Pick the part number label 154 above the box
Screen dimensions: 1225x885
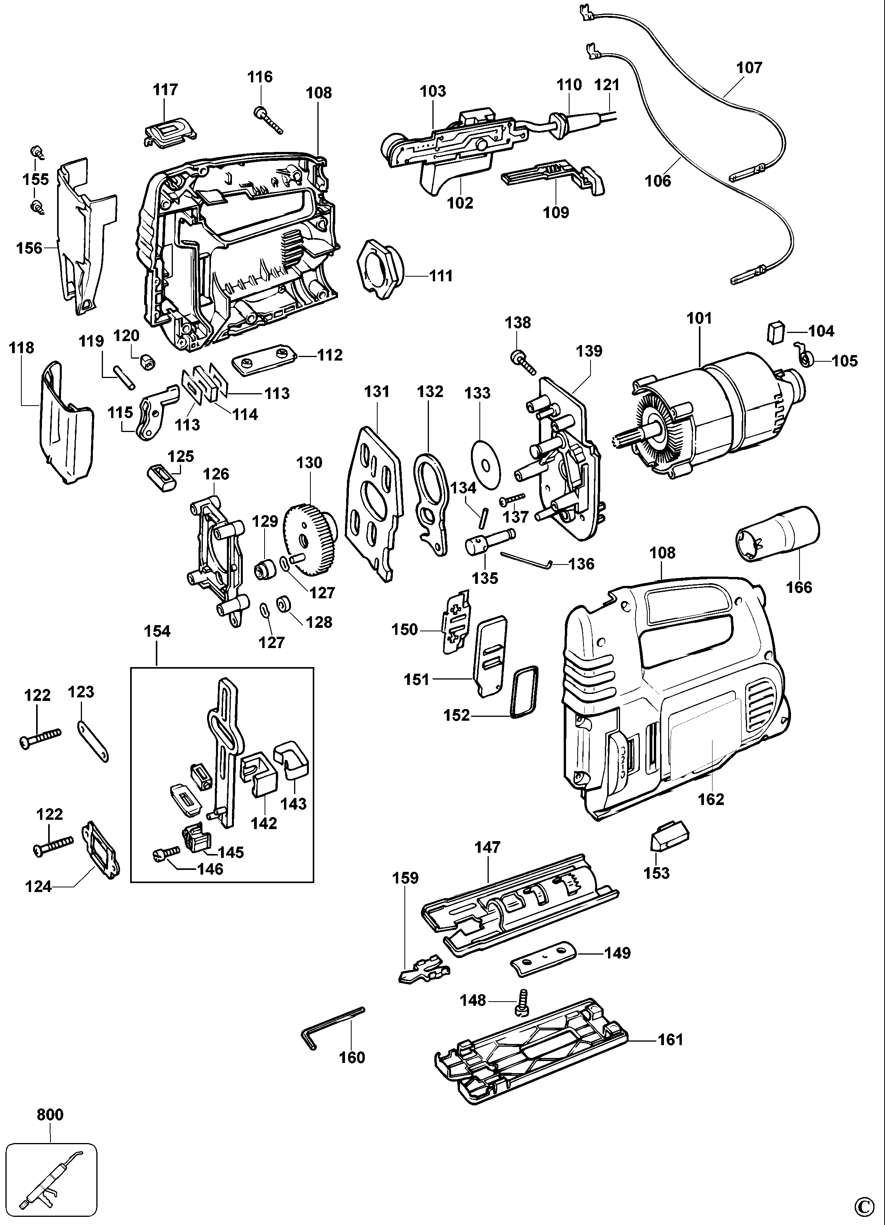point(157,631)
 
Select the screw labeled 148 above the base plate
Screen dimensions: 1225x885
point(523,1001)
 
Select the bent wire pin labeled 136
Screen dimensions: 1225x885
point(524,559)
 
